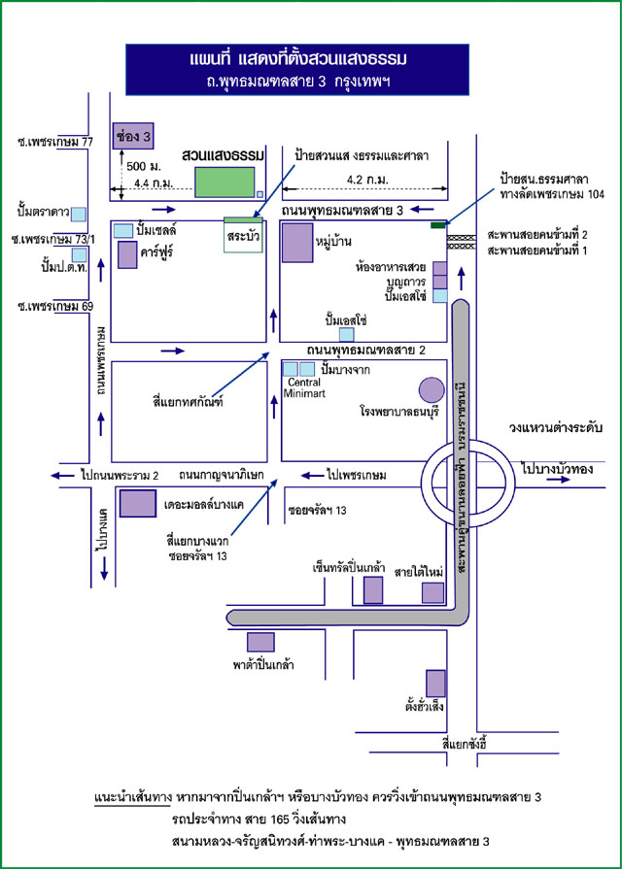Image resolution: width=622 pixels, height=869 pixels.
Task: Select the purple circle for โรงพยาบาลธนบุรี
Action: (431, 390)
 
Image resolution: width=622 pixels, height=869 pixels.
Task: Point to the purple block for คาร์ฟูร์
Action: (127, 255)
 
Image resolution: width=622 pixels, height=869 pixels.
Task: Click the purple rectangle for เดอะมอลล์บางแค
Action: (137, 503)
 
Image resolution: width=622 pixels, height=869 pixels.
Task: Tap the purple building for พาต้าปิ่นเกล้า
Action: (259, 642)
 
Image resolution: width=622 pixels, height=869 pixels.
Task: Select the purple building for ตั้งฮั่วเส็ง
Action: (436, 683)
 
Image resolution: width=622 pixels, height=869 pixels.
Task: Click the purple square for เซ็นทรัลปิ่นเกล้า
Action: (372, 589)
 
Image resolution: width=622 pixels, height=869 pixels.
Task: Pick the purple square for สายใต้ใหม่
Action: (432, 592)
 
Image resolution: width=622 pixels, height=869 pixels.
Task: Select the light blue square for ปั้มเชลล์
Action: (123, 230)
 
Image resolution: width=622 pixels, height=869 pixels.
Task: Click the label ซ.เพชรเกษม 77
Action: (48, 141)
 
